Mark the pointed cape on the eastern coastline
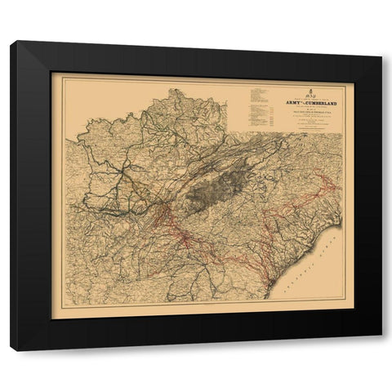(336, 209)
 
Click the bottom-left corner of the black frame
(11, 350)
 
